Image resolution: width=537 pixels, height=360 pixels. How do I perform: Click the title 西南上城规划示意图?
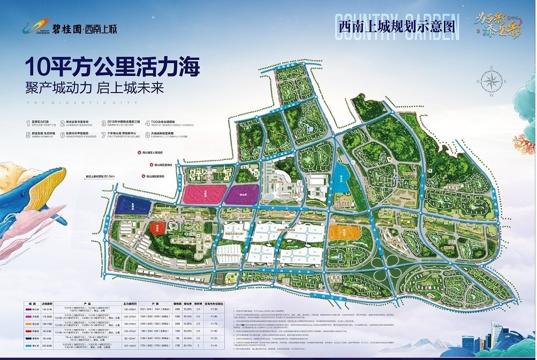click(397, 26)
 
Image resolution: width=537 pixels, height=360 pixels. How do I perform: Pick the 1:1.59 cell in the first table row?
click(216, 309)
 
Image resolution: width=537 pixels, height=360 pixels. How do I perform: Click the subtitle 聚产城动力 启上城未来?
click(95, 88)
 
